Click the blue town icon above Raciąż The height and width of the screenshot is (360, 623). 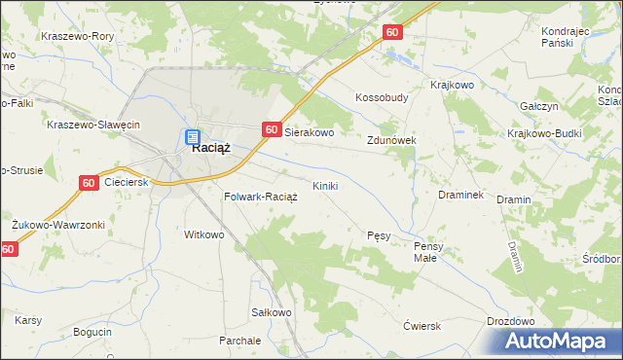tap(193, 137)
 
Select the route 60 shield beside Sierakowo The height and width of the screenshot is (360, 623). tap(272, 129)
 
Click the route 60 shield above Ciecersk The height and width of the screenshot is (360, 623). tap(88, 182)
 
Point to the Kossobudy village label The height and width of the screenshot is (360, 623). tap(382, 98)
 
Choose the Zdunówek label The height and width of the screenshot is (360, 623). tap(391, 140)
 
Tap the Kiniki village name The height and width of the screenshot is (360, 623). tap(325, 186)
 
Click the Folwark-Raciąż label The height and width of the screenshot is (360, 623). tap(260, 197)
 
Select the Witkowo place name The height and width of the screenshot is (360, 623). tap(204, 234)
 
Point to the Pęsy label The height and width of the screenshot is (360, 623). tap(379, 235)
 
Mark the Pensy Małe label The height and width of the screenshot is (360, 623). tap(428, 252)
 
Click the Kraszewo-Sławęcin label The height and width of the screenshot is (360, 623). tap(94, 125)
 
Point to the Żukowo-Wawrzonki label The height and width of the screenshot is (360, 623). tap(57, 225)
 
